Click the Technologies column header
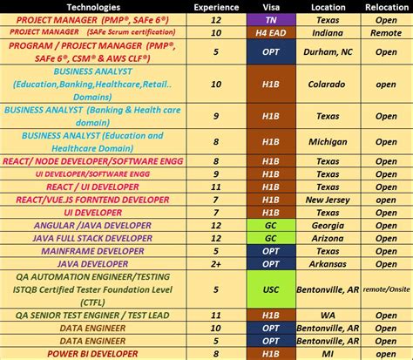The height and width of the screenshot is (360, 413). point(91,5)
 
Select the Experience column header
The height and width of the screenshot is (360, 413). point(215,5)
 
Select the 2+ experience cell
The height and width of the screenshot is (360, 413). point(215,264)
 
